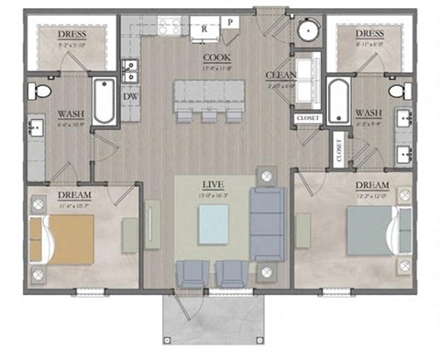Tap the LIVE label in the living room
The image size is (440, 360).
point(213,184)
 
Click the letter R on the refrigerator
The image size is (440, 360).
point(204,29)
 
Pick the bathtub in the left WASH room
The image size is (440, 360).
point(103,103)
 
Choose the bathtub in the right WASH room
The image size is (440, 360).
point(337,103)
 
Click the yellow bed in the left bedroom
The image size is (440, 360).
point(64,236)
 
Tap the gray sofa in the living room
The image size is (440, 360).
point(268,223)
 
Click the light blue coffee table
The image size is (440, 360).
point(214,224)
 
